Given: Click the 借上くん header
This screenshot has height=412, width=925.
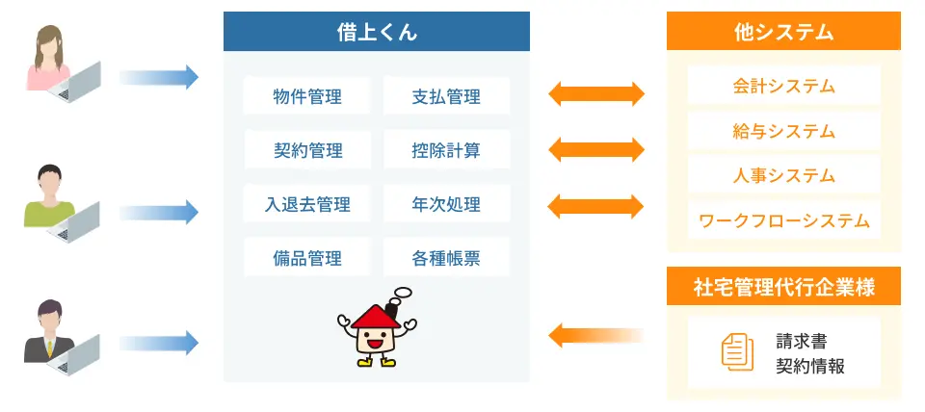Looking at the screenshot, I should point(377,33).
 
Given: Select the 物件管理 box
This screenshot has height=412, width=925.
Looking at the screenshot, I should point(307,96).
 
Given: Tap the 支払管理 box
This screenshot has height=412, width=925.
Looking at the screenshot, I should point(446,96).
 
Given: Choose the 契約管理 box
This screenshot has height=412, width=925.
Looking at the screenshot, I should point(307,150).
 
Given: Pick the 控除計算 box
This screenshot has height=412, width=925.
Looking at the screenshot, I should point(446,150).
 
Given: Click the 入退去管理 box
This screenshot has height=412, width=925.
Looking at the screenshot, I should point(307,204).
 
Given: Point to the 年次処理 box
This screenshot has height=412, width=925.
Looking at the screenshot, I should point(446,204).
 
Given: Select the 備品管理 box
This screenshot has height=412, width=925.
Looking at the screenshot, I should point(307,258).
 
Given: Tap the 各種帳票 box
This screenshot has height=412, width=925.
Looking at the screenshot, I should point(446,258).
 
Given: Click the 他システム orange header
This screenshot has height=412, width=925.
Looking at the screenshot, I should point(783,33).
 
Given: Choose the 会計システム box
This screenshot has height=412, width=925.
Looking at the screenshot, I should point(783,86).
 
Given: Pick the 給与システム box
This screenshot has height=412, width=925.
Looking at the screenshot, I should point(783,131).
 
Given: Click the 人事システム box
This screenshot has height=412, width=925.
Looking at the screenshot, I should point(783,176).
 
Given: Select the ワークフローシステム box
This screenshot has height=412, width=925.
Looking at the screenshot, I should point(783,221).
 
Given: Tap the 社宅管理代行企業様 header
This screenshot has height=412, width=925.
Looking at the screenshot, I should point(783,286).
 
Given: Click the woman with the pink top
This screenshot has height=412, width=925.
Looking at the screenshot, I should point(48,63).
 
